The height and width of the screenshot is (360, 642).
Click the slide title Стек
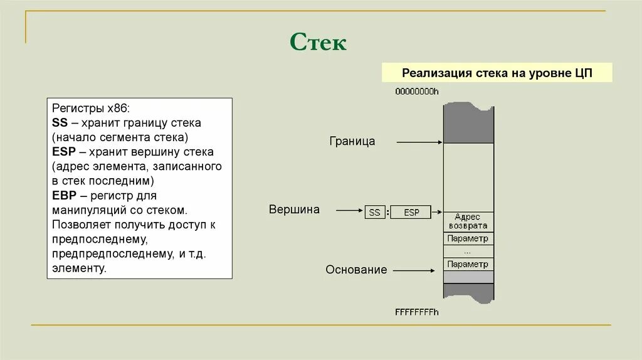pyautogui.click(x=318, y=43)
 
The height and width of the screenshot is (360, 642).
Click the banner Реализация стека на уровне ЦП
pyautogui.click(x=497, y=73)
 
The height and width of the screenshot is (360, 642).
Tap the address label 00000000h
pyautogui.click(x=417, y=92)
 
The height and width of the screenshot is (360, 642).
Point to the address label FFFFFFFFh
pyautogui.click(x=417, y=312)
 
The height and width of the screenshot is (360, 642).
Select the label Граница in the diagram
pyautogui.click(x=352, y=142)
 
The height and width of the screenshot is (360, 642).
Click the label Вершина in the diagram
pyautogui.click(x=294, y=209)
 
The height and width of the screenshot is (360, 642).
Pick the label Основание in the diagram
pyautogui.click(x=356, y=270)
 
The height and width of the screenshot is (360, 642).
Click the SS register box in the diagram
pyautogui.click(x=375, y=213)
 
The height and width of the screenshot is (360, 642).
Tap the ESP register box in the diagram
pyautogui.click(x=411, y=213)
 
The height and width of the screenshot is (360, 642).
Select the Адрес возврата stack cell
pyautogui.click(x=468, y=221)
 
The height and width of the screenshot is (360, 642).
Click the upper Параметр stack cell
pyautogui.click(x=468, y=238)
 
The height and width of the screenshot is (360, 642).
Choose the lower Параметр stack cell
pyautogui.click(x=468, y=264)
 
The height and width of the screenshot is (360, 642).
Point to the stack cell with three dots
pyautogui.click(x=468, y=251)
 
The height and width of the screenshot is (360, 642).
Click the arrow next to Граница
pyautogui.click(x=419, y=142)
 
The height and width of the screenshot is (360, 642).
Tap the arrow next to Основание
pyautogui.click(x=414, y=270)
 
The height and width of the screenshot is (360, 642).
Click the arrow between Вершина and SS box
pyautogui.click(x=350, y=210)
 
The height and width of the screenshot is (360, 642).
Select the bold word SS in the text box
pyautogui.click(x=60, y=123)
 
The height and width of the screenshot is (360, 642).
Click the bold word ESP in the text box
pyautogui.click(x=63, y=152)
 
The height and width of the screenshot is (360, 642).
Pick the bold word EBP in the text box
pyautogui.click(x=63, y=196)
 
